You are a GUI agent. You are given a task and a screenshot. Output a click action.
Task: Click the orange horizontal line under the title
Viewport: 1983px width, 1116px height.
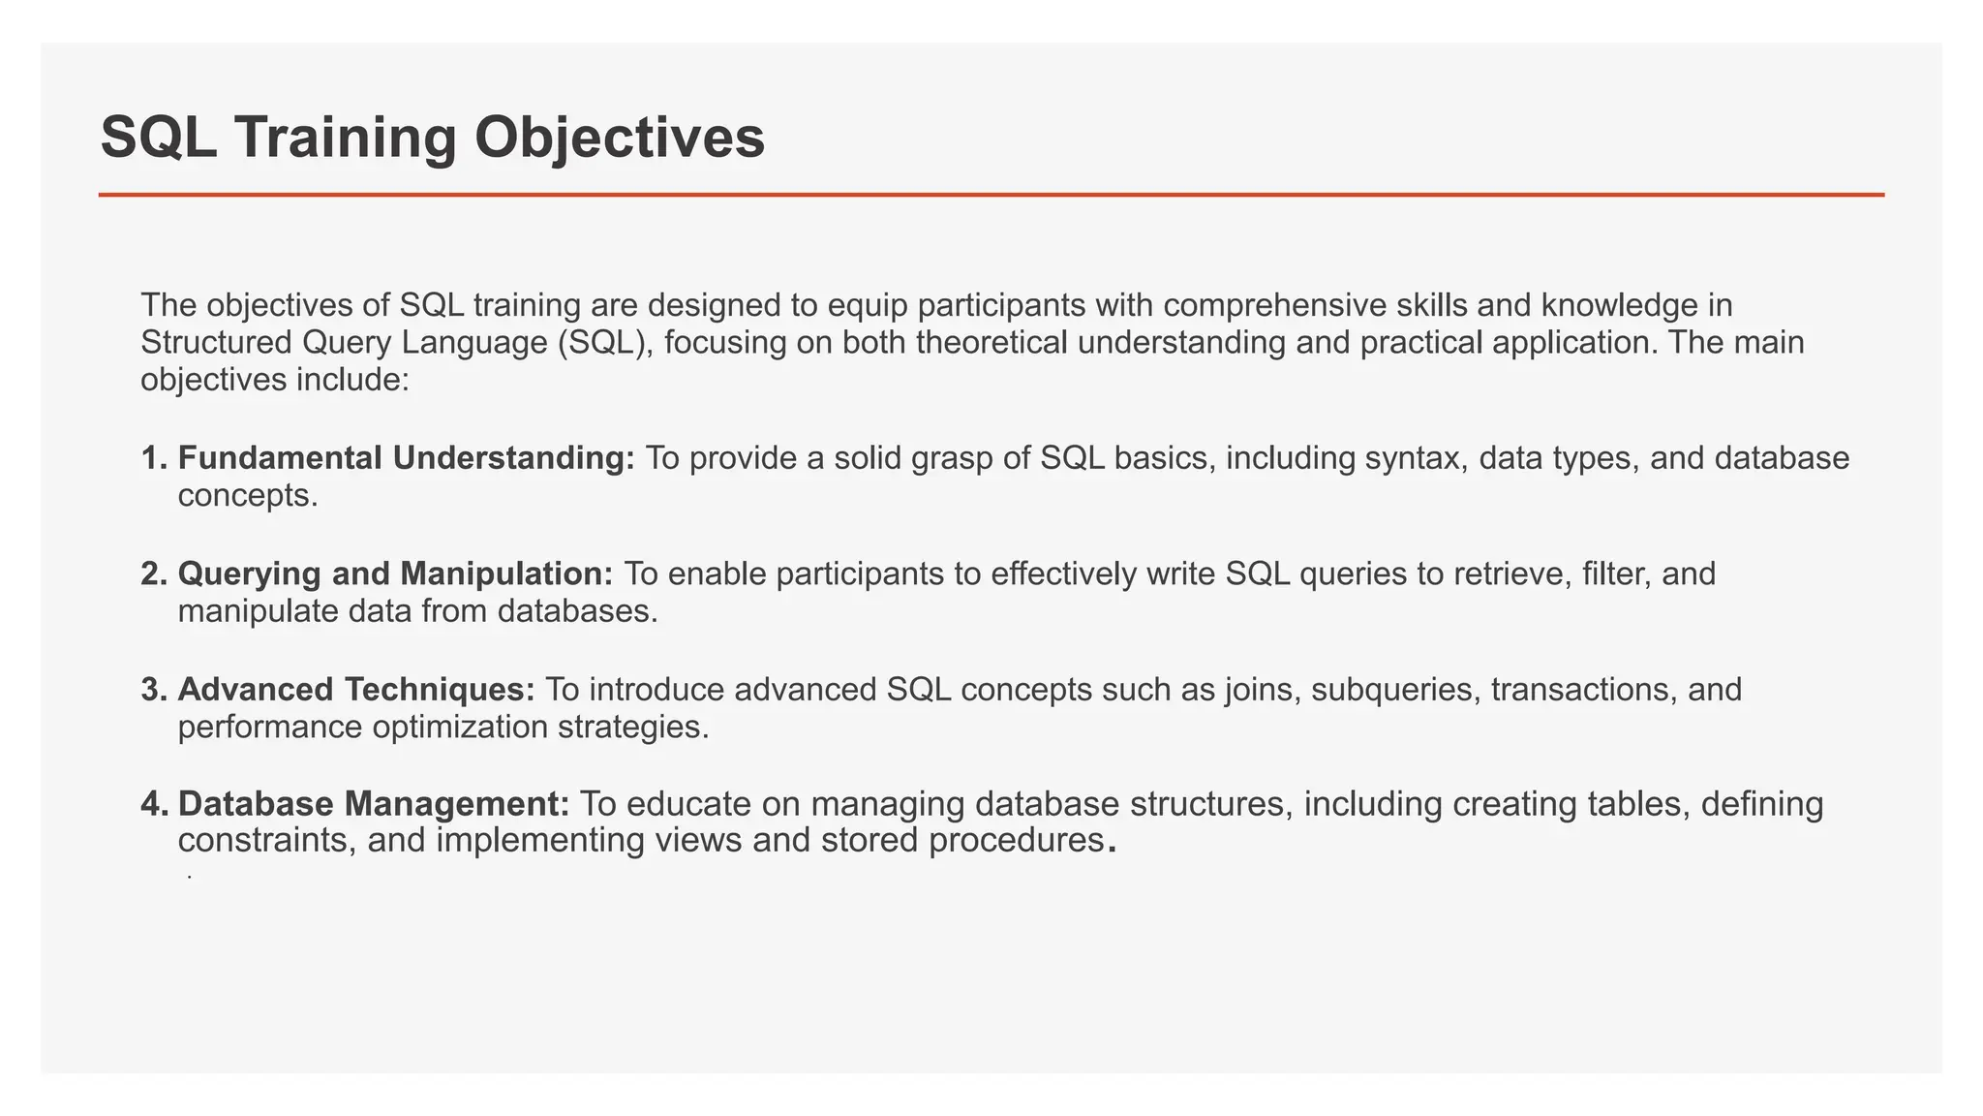click(x=991, y=195)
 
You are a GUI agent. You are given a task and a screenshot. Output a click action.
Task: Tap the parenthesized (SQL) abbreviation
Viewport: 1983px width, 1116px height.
click(x=604, y=343)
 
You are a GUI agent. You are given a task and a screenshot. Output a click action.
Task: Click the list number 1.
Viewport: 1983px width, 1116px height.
click(x=153, y=458)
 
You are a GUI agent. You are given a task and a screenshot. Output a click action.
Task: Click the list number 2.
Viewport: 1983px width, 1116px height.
click(x=153, y=573)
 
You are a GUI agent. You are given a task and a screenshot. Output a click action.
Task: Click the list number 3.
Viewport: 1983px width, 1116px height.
click(x=153, y=690)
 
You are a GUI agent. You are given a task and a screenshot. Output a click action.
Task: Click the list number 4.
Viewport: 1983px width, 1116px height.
click(x=153, y=804)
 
